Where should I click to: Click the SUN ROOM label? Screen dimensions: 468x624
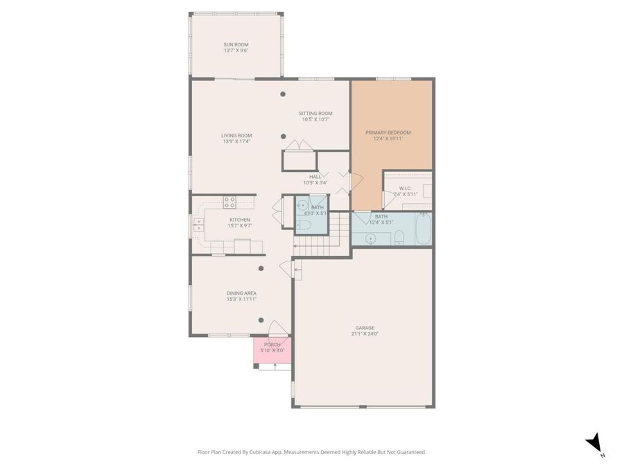[236, 44]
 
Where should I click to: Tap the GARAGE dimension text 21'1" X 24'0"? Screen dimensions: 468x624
[365, 333]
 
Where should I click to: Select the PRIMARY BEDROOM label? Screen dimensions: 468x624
[388, 132]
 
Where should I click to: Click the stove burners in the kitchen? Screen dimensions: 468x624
[229, 202]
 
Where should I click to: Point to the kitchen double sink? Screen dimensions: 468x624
[198, 224]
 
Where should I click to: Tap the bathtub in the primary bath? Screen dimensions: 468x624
[423, 229]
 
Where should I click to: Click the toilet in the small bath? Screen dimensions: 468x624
[307, 225]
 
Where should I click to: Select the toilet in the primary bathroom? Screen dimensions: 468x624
[399, 238]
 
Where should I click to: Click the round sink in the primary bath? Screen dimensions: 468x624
[370, 239]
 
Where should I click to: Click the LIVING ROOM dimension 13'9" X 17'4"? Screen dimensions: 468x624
[236, 141]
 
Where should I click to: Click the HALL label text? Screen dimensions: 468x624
[315, 177]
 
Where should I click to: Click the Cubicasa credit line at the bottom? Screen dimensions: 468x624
[312, 452]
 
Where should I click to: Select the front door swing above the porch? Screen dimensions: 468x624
[277, 328]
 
